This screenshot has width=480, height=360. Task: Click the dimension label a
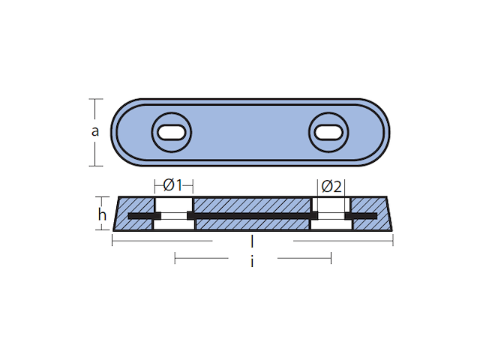pyautogui.click(x=95, y=132)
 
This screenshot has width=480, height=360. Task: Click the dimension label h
pyautogui.click(x=102, y=214)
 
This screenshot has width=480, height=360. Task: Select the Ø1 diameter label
pyautogui.click(x=173, y=184)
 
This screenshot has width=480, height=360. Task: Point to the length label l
pyautogui.click(x=252, y=241)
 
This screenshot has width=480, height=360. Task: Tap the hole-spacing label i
pyautogui.click(x=252, y=262)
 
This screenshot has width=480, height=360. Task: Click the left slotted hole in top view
pyautogui.click(x=172, y=133)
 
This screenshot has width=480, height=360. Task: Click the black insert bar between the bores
pyautogui.click(x=252, y=217)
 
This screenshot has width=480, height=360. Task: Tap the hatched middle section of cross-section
pyautogui.click(x=252, y=205)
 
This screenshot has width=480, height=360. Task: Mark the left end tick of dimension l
pyautogui.click(x=112, y=241)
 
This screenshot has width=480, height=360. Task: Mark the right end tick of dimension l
pyautogui.click(x=392, y=241)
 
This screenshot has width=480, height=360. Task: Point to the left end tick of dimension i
pyautogui.click(x=175, y=258)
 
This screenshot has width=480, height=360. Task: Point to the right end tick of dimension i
pyautogui.click(x=331, y=258)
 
